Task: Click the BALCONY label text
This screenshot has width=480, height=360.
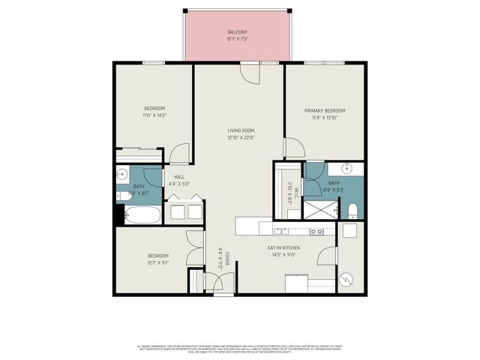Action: click(237, 31)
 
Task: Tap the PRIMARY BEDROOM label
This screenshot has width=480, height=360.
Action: click(324, 110)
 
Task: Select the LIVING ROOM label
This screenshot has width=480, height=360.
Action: click(241, 130)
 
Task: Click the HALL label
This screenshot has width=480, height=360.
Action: click(179, 177)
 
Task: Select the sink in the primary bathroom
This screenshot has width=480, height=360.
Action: click(350, 167)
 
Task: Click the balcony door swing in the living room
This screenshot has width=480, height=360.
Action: click(248, 73)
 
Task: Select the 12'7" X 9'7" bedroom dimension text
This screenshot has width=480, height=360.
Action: click(157, 264)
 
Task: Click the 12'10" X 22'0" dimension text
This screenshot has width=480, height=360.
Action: click(241, 138)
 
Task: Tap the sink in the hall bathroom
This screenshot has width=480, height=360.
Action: click(122, 175)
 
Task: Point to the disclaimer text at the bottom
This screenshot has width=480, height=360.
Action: click(239, 349)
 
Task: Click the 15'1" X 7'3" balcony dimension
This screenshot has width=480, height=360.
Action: click(237, 39)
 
